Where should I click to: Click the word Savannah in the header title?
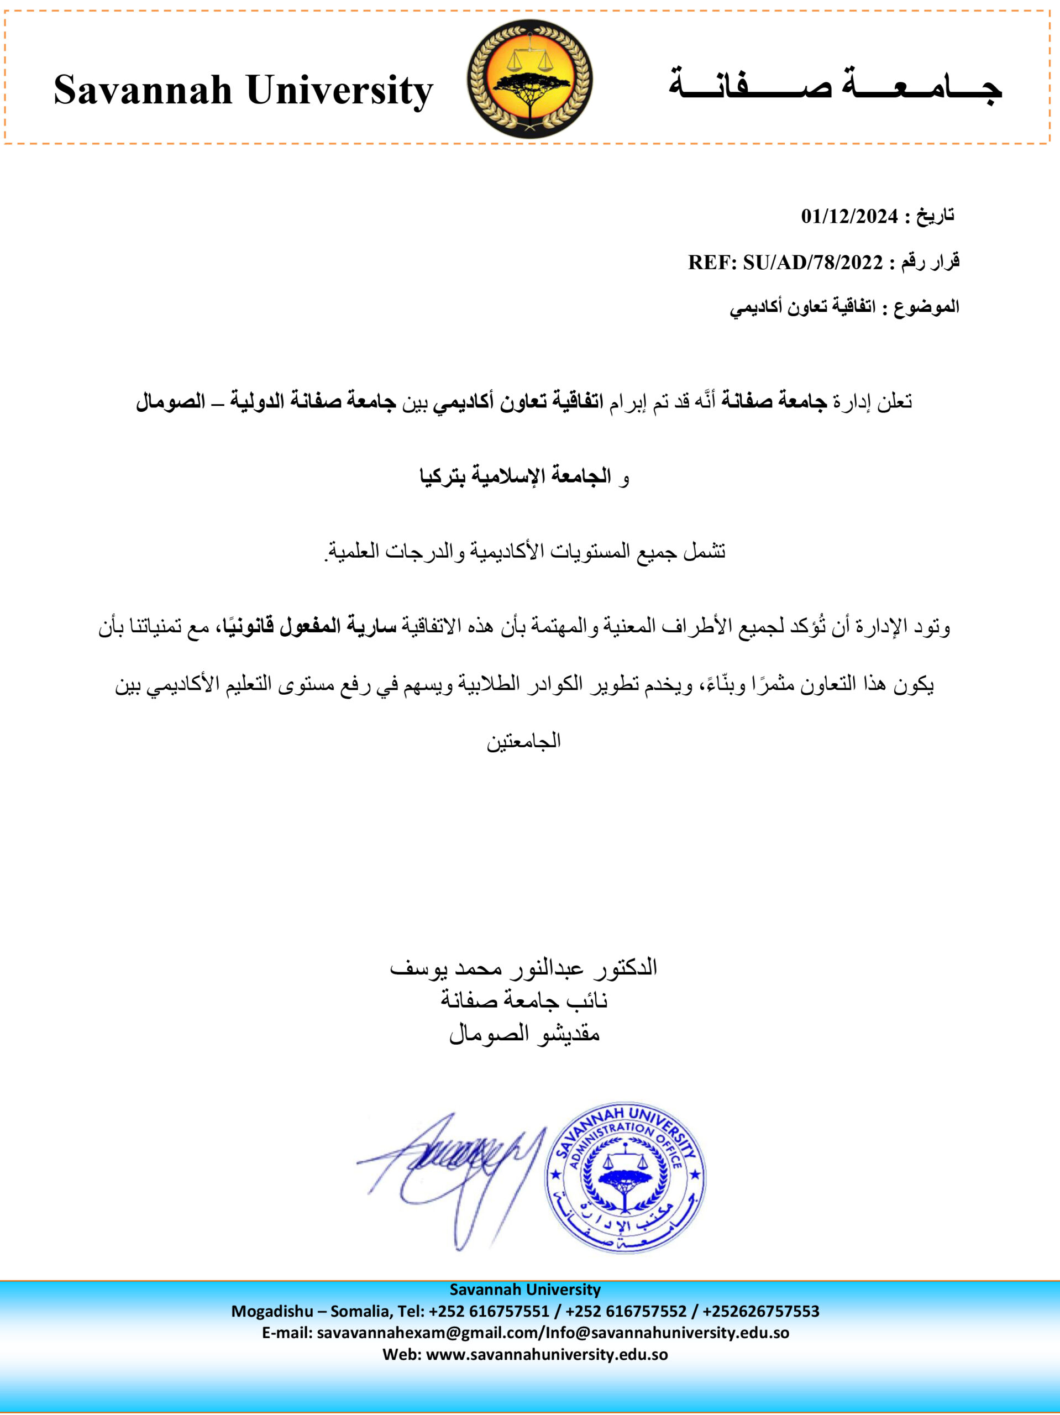(143, 90)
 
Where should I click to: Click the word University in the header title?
(340, 91)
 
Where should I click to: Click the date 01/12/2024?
(849, 217)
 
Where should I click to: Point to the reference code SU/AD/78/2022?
(812, 263)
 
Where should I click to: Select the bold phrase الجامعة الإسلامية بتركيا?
(516, 476)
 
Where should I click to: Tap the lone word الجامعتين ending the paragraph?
(523, 741)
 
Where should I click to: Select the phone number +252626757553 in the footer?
(760, 1312)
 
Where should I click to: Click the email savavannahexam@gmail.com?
(429, 1333)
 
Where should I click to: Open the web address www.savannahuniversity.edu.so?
(547, 1354)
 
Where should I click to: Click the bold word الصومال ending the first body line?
(170, 402)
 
